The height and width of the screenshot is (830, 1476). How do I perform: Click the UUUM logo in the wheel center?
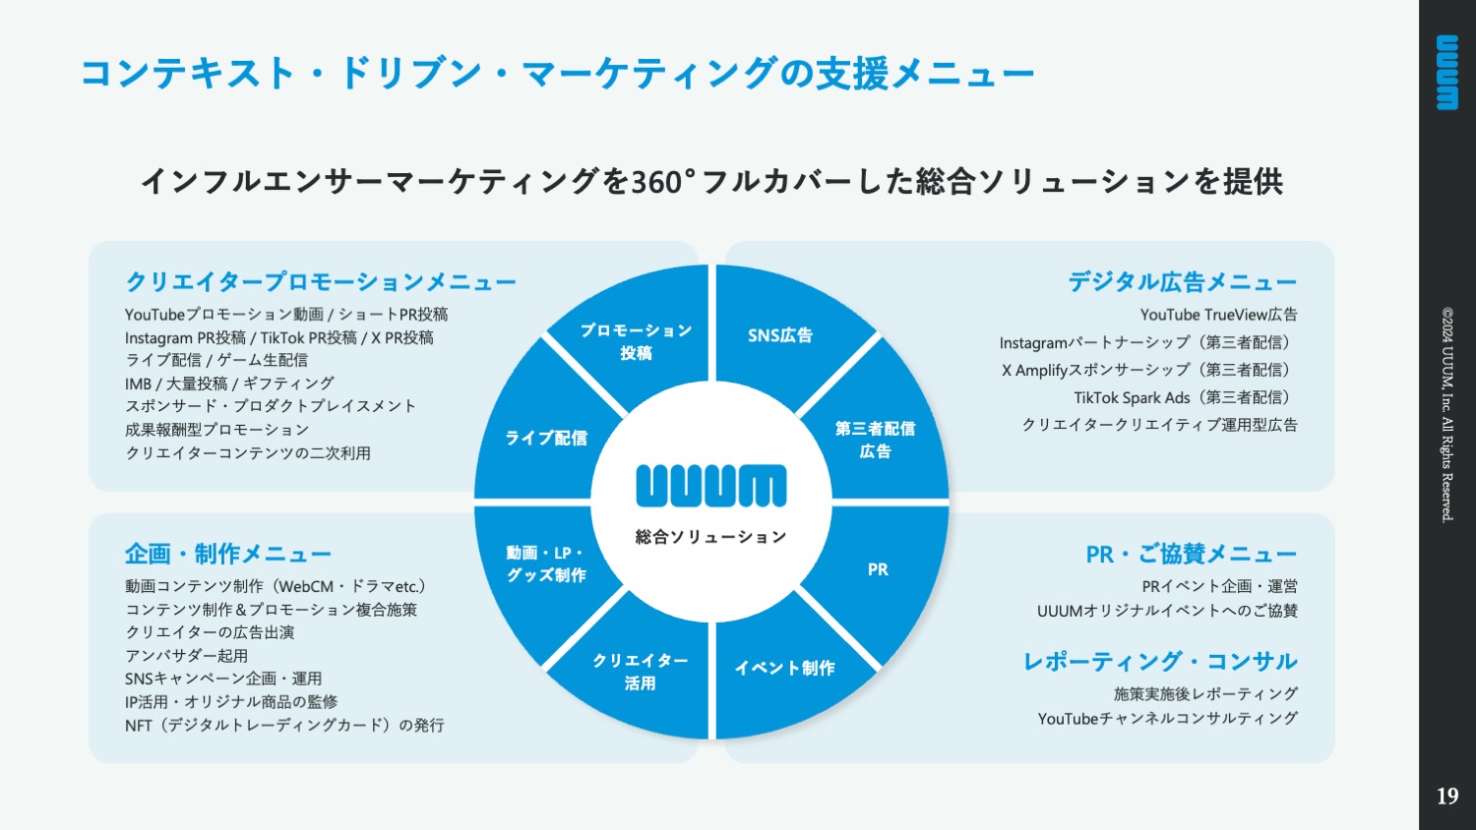click(711, 486)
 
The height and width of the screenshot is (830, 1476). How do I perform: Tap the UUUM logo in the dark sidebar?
click(1447, 73)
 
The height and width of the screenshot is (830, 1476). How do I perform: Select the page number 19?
click(1447, 797)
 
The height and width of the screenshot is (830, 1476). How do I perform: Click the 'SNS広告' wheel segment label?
click(780, 335)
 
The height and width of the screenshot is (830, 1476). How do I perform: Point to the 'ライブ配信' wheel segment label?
click(545, 438)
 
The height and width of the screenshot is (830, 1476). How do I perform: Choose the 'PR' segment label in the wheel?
click(878, 569)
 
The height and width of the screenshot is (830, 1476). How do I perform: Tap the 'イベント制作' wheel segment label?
click(785, 668)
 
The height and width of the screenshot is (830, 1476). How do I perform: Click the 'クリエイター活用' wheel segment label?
click(640, 672)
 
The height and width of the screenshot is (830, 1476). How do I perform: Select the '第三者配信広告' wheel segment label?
click(875, 440)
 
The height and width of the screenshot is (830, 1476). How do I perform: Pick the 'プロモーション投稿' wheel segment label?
click(636, 341)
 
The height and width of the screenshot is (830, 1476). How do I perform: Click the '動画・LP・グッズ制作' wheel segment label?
click(545, 563)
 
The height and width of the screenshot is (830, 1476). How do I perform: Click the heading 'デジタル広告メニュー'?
click(1182, 282)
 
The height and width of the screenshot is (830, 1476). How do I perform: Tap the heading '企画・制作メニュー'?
click(228, 554)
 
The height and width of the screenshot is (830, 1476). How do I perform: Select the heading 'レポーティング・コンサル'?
click(1160, 662)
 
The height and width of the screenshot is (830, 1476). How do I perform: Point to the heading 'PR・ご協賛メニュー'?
click(1192, 554)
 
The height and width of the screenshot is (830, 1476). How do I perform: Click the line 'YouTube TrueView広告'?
click(1219, 315)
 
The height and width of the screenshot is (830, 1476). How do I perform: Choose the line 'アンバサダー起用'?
click(187, 655)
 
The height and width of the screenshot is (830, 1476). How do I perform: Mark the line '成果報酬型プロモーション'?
click(216, 430)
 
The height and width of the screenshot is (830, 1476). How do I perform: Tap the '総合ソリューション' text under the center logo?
click(711, 537)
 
